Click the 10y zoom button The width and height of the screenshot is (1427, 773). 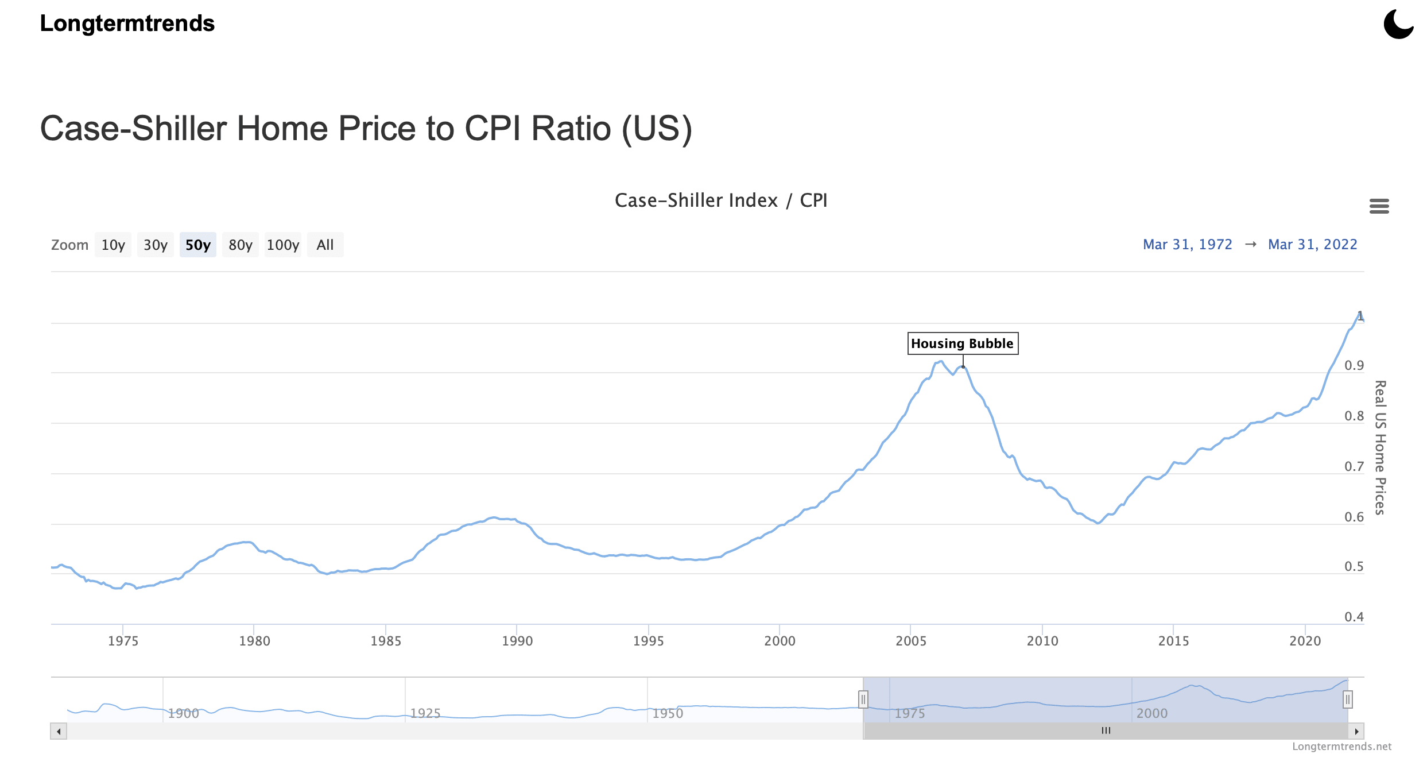pyautogui.click(x=113, y=245)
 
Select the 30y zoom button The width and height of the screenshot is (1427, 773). pyautogui.click(x=155, y=245)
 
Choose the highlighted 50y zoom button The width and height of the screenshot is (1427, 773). pyautogui.click(x=198, y=245)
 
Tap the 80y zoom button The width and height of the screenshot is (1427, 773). pyautogui.click(x=240, y=245)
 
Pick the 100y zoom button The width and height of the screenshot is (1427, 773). pyautogui.click(x=282, y=245)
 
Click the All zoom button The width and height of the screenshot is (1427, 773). pyautogui.click(x=325, y=245)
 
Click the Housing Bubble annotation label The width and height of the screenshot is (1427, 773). pyautogui.click(x=963, y=343)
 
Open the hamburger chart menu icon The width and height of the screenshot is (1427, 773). pyautogui.click(x=1379, y=206)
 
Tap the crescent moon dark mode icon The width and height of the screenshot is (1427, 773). pyautogui.click(x=1398, y=24)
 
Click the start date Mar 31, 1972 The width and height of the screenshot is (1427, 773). pyautogui.click(x=1187, y=245)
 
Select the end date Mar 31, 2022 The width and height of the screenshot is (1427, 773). pyautogui.click(x=1312, y=245)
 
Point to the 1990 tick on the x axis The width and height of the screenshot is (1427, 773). pyautogui.click(x=517, y=641)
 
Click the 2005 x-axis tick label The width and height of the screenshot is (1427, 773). pyautogui.click(x=911, y=641)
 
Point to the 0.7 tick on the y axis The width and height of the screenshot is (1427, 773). pyautogui.click(x=1354, y=466)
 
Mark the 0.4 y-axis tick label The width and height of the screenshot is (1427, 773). pyautogui.click(x=1354, y=617)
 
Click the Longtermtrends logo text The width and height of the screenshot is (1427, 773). pyautogui.click(x=127, y=24)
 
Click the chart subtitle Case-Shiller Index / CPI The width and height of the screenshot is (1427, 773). pyautogui.click(x=721, y=200)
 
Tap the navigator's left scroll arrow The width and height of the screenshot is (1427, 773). pyautogui.click(x=59, y=731)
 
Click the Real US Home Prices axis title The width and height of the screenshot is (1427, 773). pyautogui.click(x=1380, y=447)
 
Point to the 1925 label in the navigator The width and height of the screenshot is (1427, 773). pyautogui.click(x=425, y=713)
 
